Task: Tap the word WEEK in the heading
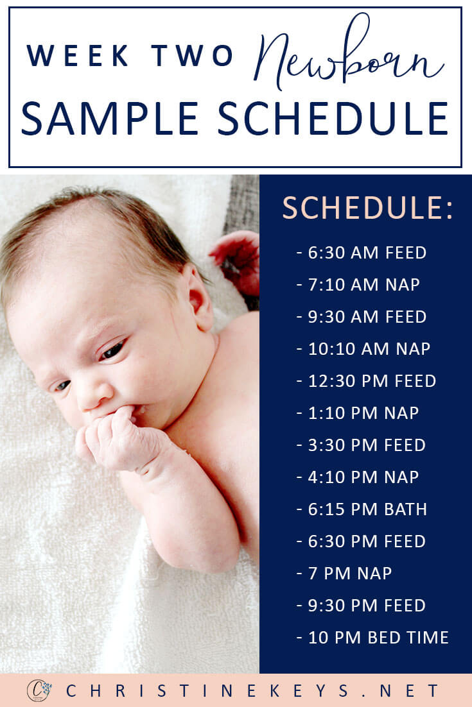(78, 55)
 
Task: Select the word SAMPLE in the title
(110, 118)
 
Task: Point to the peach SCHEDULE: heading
(367, 208)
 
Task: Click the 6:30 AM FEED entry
(362, 253)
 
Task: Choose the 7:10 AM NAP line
(358, 284)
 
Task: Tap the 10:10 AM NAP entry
(363, 348)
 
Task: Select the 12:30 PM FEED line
(367, 381)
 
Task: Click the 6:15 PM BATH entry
(362, 509)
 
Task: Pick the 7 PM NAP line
(344, 573)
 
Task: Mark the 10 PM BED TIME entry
(372, 638)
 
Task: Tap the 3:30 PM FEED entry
(361, 445)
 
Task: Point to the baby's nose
(92, 394)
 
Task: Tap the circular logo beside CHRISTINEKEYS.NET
(39, 690)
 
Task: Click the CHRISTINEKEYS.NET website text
(252, 691)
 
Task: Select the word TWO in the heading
(192, 55)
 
